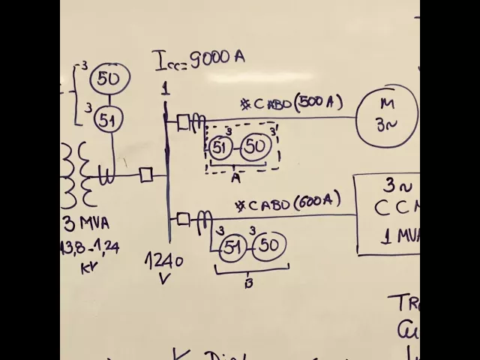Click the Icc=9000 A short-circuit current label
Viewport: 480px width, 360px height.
coord(199,58)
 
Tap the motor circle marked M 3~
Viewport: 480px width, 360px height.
coord(387,115)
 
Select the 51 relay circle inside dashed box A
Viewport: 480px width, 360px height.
coord(220,147)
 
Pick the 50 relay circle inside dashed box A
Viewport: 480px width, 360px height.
coord(255,147)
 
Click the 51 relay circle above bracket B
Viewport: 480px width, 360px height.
coord(233,246)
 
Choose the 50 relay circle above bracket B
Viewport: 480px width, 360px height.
coord(270,246)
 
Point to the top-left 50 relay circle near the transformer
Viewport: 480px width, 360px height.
coord(109,78)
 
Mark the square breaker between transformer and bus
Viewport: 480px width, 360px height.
coord(146,175)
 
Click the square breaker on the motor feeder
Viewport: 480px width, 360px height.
coord(183,121)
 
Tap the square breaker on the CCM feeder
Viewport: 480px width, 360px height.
coord(183,218)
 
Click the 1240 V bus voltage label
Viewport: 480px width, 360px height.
coord(165,268)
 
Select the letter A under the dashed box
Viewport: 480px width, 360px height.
coord(235,178)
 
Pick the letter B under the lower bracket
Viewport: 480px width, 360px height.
coord(248,283)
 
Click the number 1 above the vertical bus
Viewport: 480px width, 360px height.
coord(165,88)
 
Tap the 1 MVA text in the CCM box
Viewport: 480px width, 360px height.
coord(391,238)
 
